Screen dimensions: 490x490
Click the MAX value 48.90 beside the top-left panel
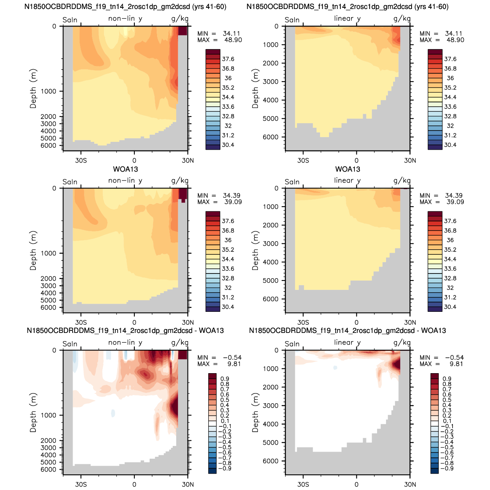pyautogui.click(x=233, y=40)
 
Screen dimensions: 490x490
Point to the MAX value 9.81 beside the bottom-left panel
pyautogui.click(x=234, y=364)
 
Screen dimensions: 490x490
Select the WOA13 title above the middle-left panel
pyautogui.click(x=125, y=169)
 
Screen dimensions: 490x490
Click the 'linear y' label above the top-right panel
pyautogui.click(x=347, y=18)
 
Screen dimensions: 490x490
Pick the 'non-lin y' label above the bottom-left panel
pyautogui.click(x=125, y=343)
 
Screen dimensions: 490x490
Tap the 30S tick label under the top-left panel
pyautogui.click(x=81, y=161)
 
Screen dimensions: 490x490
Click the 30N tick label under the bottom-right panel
pyautogui.click(x=410, y=485)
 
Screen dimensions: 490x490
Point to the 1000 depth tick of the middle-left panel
pyautogui.click(x=48, y=253)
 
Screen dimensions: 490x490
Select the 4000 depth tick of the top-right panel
pyautogui.click(x=270, y=100)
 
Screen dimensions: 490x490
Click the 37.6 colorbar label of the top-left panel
pyautogui.click(x=228, y=59)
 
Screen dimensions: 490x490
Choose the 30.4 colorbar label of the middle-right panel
pyautogui.click(x=450, y=307)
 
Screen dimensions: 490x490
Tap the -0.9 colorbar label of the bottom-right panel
pyautogui.click(x=447, y=469)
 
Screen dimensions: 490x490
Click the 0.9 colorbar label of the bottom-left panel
pyautogui.click(x=225, y=379)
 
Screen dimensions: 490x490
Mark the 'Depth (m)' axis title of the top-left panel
pyautogui.click(x=33, y=88)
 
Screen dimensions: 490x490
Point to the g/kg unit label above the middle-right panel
pyautogui.click(x=402, y=181)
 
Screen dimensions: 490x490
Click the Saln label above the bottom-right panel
pyautogui.click(x=292, y=344)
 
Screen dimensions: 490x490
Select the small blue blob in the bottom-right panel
pyautogui.click(x=335, y=368)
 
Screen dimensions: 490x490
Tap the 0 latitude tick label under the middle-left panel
pyautogui.click(x=134, y=322)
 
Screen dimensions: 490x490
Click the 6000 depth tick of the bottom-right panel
pyautogui.click(x=270, y=461)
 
